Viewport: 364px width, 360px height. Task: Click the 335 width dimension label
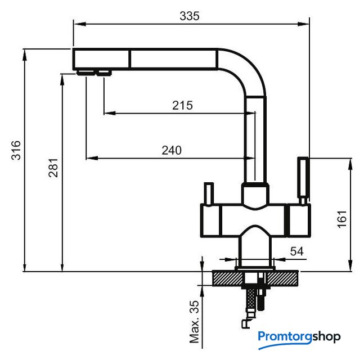click(x=190, y=16)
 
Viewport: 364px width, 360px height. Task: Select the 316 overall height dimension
click(x=16, y=150)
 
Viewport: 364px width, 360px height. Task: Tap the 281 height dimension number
click(x=53, y=168)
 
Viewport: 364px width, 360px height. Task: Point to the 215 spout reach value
click(x=182, y=105)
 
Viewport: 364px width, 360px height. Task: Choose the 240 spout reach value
click(x=172, y=150)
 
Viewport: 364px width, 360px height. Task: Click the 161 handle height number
click(x=341, y=219)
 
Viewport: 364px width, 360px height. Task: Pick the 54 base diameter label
click(x=296, y=251)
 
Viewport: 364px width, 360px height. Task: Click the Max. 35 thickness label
click(x=194, y=322)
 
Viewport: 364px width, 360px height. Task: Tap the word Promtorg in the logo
click(x=285, y=337)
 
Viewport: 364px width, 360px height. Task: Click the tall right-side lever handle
click(x=303, y=181)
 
